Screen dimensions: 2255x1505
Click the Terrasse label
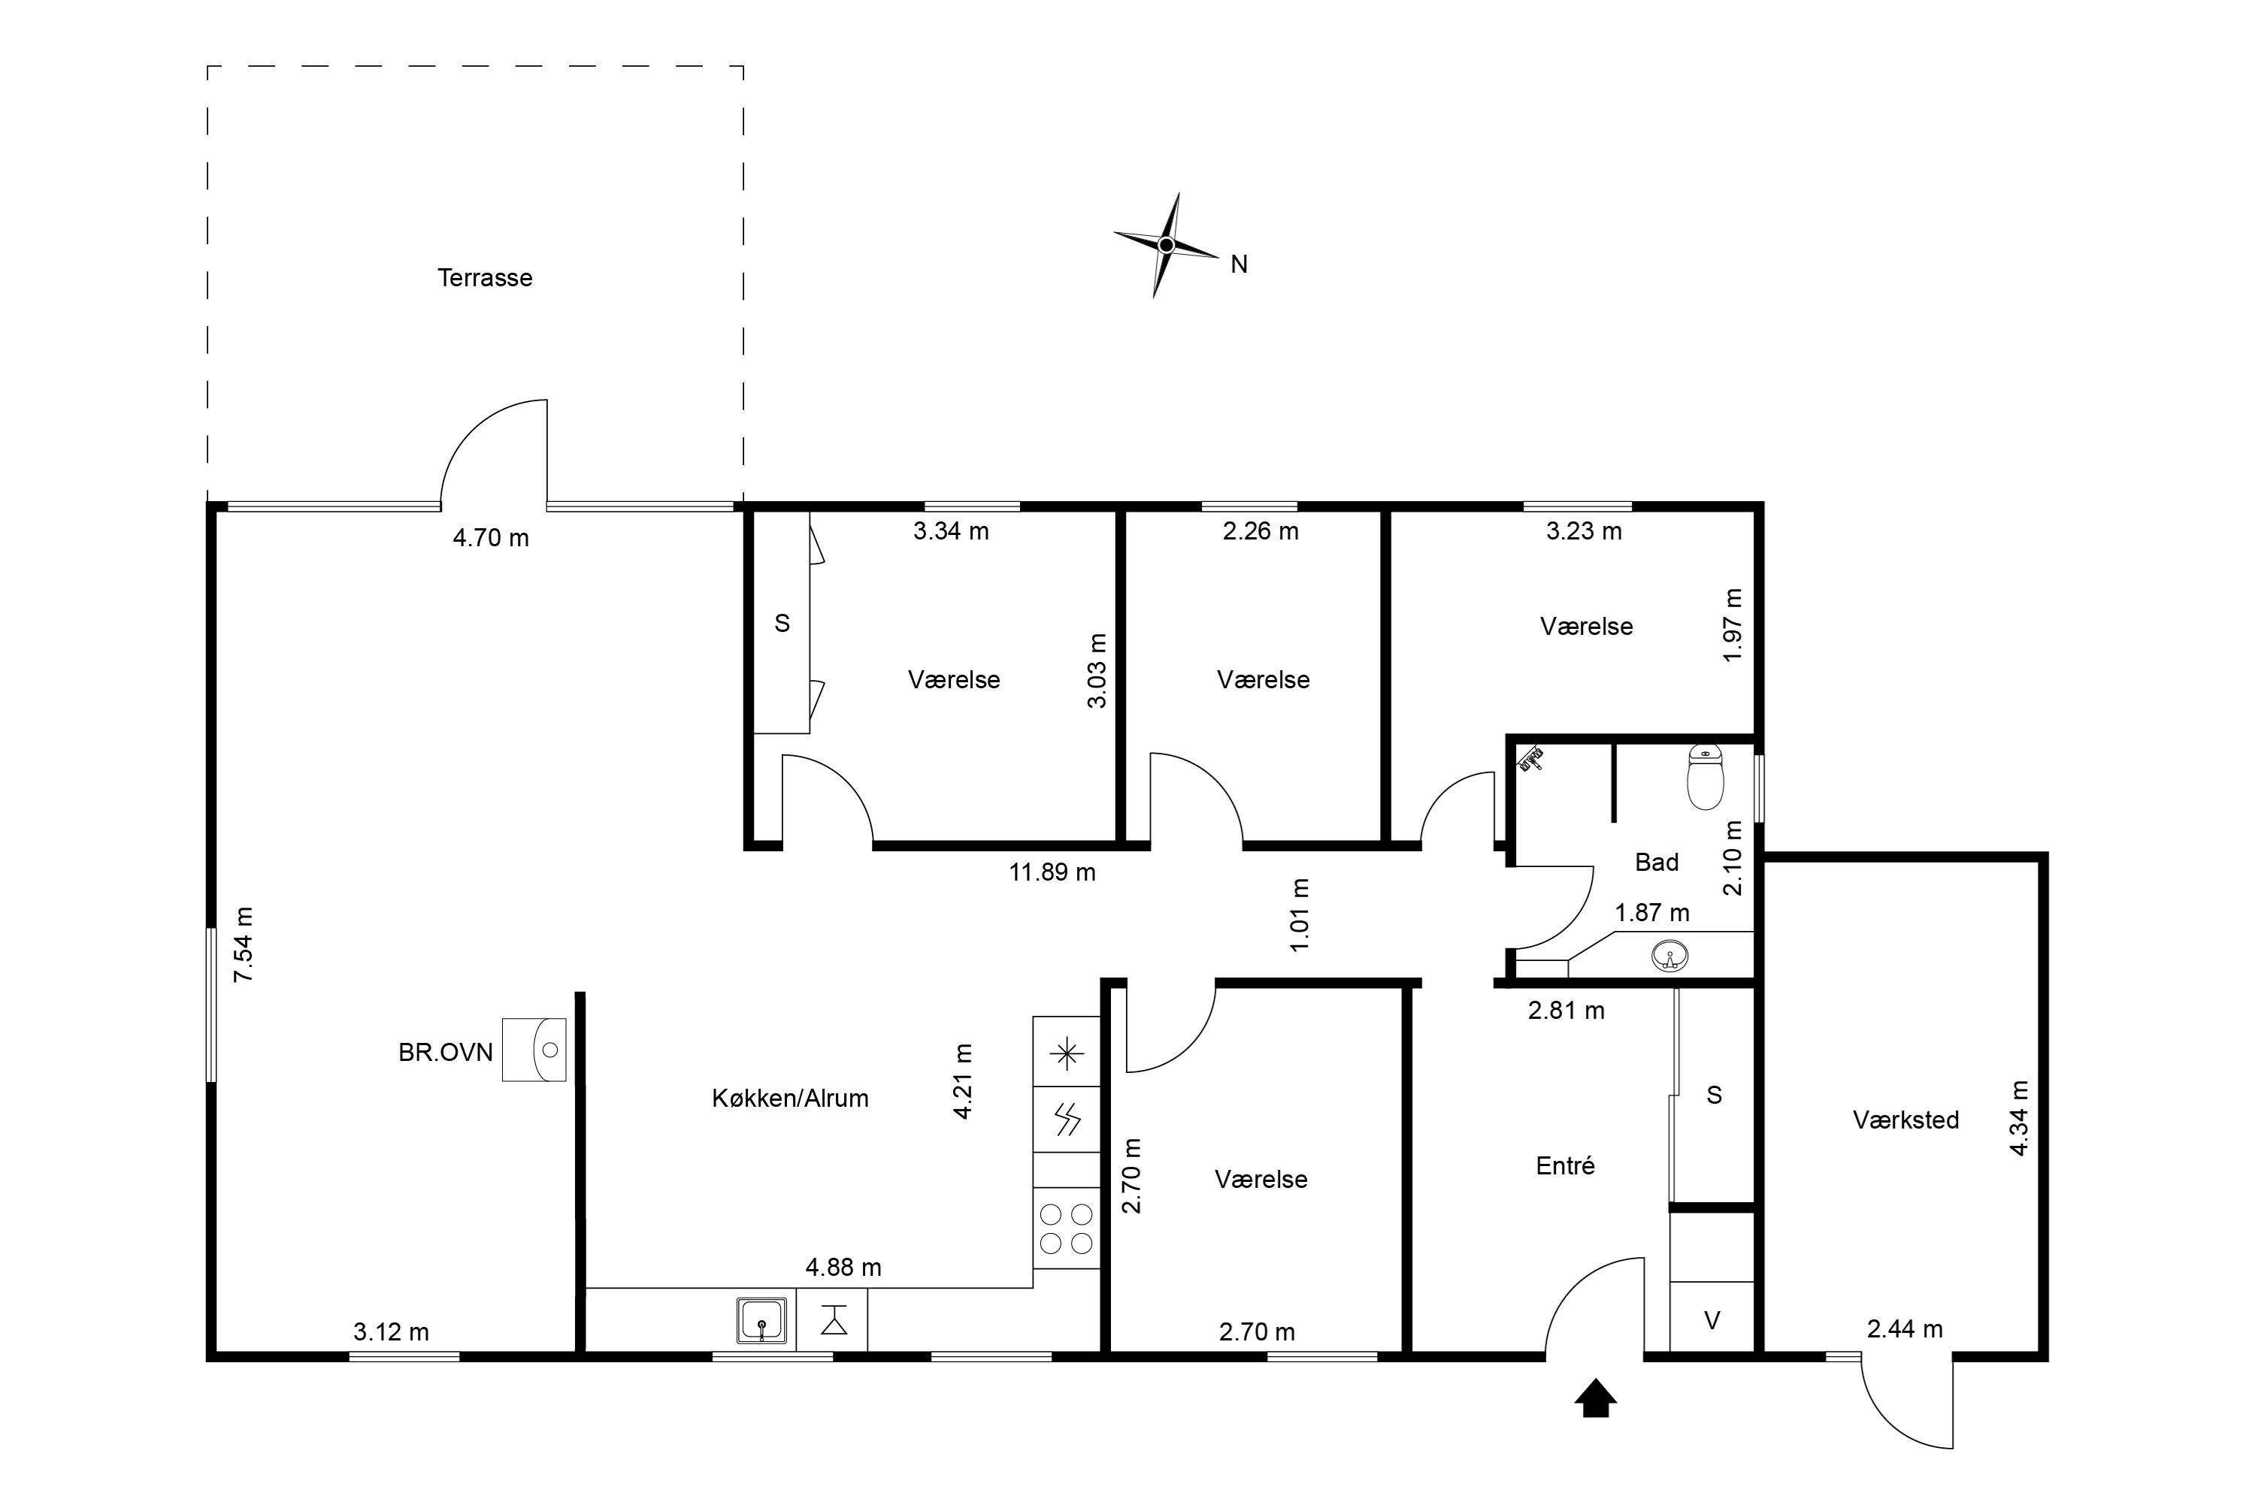point(485,278)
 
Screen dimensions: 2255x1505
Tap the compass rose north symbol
point(1167,246)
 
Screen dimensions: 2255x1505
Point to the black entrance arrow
point(1596,1398)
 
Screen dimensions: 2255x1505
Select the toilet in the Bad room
point(1705,776)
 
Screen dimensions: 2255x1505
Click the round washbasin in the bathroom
point(1670,956)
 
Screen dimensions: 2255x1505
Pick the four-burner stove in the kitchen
point(1067,1228)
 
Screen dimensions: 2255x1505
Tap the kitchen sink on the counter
point(762,1319)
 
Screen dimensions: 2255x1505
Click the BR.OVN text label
point(446,1053)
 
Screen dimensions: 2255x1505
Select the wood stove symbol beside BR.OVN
point(534,1050)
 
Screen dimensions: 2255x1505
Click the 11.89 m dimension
point(1052,872)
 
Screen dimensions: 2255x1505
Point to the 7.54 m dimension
point(244,944)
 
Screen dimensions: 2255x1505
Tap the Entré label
point(1566,1165)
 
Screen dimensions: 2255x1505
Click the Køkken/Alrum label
point(790,1098)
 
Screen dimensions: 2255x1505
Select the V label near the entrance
point(1712,1322)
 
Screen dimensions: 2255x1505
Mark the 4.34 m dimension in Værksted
point(2019,1118)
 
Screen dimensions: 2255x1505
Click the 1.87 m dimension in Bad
point(1652,913)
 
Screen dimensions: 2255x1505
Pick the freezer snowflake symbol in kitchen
point(1067,1055)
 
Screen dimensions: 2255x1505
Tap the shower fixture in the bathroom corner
point(1530,759)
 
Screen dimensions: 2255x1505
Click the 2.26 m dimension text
point(1261,530)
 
